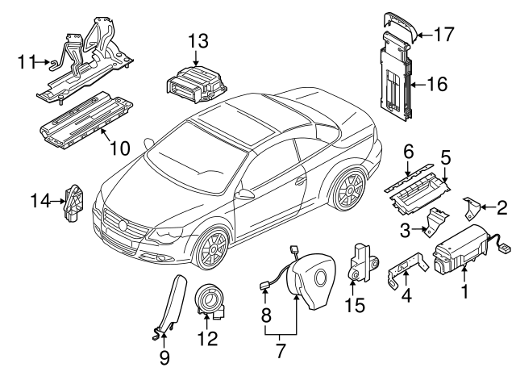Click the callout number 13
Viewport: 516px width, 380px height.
coord(198,40)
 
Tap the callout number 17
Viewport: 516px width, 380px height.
coord(443,35)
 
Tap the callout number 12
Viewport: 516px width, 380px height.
coord(207,340)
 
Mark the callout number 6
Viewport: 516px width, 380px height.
coord(408,151)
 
